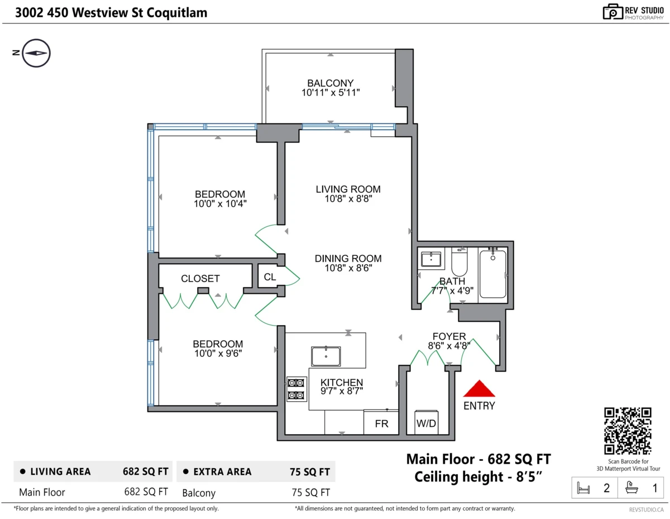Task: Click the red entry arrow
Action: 478,389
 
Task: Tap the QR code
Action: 627,431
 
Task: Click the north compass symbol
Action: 36,53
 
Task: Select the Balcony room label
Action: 330,83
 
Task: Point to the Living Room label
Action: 348,189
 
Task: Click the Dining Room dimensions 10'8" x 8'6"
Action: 348,268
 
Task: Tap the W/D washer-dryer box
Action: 426,422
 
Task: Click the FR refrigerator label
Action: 381,423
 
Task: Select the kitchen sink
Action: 326,356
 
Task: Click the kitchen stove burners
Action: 296,389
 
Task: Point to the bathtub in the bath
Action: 492,274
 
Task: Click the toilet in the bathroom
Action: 459,262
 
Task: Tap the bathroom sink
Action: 430,259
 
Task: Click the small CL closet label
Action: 270,277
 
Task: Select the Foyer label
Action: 449,336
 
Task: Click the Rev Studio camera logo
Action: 612,12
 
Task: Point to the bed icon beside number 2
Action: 583,488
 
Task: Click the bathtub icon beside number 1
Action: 631,488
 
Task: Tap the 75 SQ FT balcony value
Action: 311,493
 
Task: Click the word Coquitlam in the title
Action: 176,13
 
